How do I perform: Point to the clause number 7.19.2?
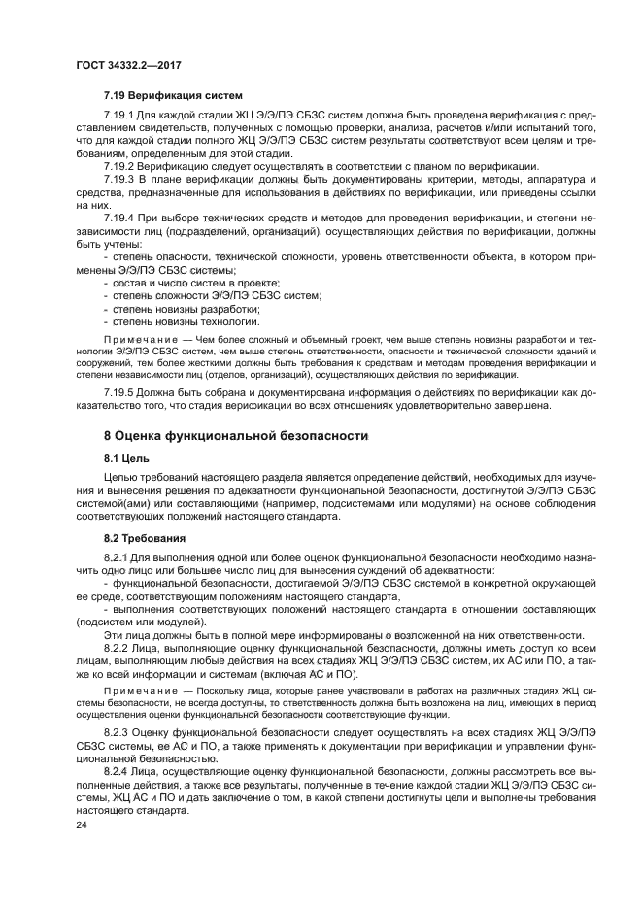point(120,168)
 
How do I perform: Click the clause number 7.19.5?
point(120,393)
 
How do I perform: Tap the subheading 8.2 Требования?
point(145,537)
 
